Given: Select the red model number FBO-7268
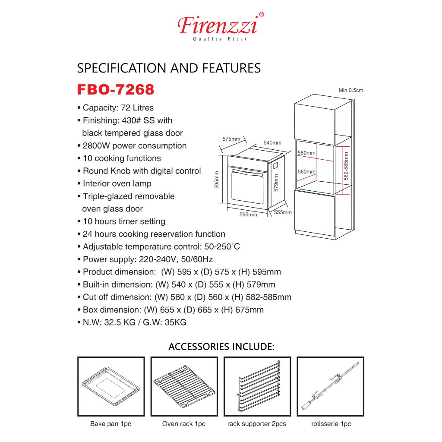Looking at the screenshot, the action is pos(116,90).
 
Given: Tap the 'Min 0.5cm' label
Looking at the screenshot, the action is pos(350,90).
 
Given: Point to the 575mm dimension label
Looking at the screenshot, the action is pos(231,139).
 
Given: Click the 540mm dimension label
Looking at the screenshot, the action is pos(272,142).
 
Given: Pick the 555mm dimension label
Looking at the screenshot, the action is pos(283,212).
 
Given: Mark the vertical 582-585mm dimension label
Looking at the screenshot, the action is pos(346,166).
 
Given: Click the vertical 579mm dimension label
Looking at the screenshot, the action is pos(276,183).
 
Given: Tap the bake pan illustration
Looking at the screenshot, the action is pos(111,386).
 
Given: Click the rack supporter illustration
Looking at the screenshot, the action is pos(259,385).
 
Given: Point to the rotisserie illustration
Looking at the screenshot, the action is pos(330,386).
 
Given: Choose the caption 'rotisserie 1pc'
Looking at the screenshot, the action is pos(331,424).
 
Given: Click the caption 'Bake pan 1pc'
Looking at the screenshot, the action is pos(110,424).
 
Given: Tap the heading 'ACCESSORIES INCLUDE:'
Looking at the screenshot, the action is pos(221,347).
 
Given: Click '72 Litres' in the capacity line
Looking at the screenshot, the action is pos(137,107).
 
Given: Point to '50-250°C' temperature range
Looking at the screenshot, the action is pos(222,246).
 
